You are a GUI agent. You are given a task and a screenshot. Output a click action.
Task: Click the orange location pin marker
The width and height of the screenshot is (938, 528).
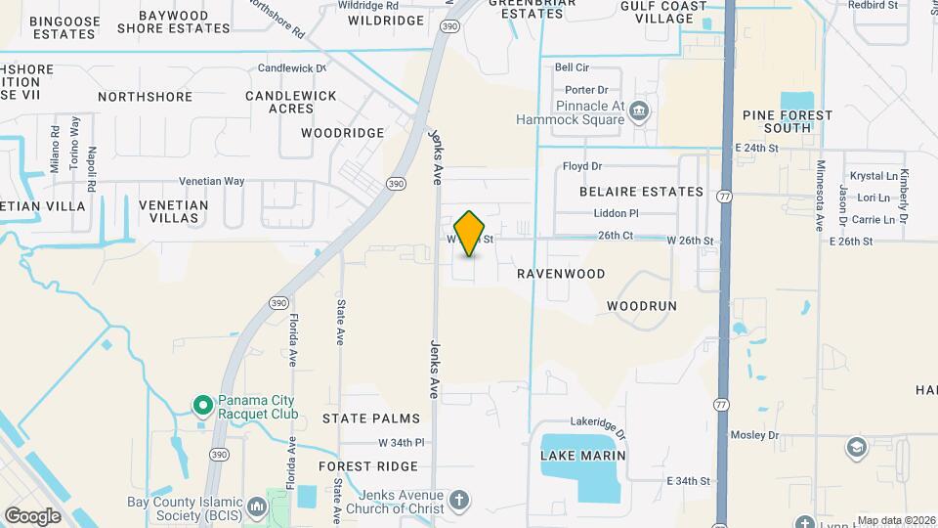pos(470,233)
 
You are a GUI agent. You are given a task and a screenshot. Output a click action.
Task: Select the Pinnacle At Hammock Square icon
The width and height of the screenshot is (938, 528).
pos(639,109)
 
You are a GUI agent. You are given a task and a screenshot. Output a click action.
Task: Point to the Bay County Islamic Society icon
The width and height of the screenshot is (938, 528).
pos(257,506)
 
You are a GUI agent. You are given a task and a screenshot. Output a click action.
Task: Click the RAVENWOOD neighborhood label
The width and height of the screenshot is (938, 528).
pos(561,274)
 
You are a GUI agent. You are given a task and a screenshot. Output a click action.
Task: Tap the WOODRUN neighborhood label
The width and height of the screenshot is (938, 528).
pos(641,306)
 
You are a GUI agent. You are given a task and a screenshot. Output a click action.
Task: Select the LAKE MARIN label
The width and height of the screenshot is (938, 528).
pos(582,457)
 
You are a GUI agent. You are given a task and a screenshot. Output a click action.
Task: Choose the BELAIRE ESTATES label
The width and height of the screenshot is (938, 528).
pos(633,192)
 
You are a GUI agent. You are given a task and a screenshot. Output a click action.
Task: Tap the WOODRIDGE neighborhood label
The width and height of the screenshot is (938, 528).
pos(342,132)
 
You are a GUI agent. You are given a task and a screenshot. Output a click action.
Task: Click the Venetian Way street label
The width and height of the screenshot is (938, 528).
pos(211,182)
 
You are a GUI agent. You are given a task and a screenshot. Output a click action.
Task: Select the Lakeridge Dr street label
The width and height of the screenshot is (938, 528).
pos(598,419)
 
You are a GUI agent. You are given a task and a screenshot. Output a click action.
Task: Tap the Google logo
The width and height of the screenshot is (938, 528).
pos(32,516)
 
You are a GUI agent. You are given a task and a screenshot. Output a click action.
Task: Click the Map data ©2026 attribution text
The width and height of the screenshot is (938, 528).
pos(895,520)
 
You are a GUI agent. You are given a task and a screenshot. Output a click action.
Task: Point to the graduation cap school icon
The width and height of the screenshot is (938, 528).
pos(857,447)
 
